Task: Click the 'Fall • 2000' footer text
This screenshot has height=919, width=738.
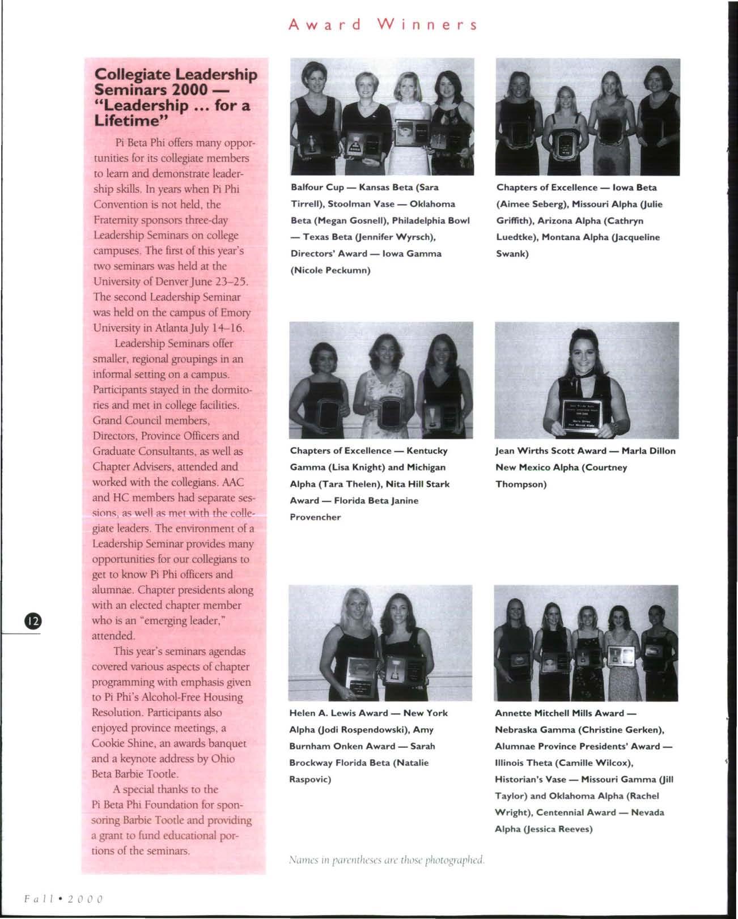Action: [x=63, y=899]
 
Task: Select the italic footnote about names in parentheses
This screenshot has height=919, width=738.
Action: [x=387, y=860]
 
